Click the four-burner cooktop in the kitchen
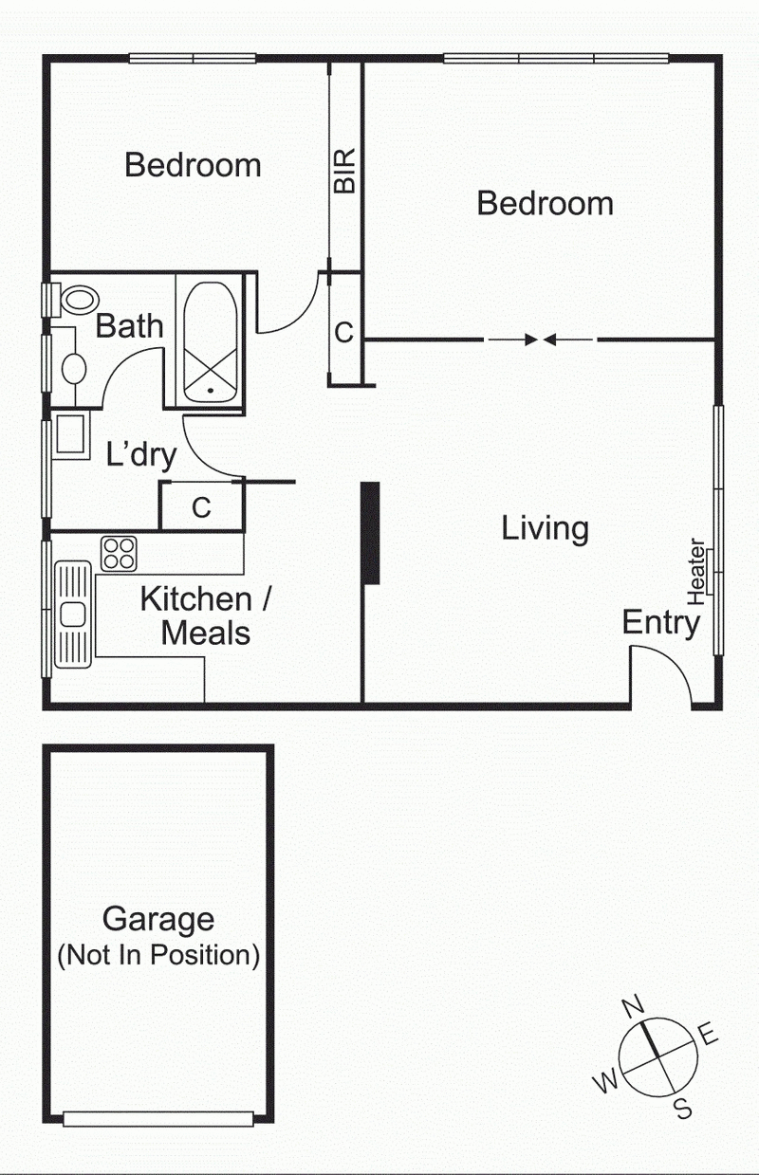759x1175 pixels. tap(120, 553)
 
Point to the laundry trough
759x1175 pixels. tap(69, 435)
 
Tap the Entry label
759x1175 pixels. tap(660, 623)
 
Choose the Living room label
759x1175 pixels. tap(545, 528)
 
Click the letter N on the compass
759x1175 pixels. tap(633, 1005)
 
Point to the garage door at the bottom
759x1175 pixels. tap(158, 1119)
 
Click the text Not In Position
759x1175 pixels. tap(158, 954)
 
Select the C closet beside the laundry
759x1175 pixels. tap(201, 507)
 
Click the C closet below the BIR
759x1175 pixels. tap(344, 332)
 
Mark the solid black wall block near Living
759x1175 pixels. tap(370, 532)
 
